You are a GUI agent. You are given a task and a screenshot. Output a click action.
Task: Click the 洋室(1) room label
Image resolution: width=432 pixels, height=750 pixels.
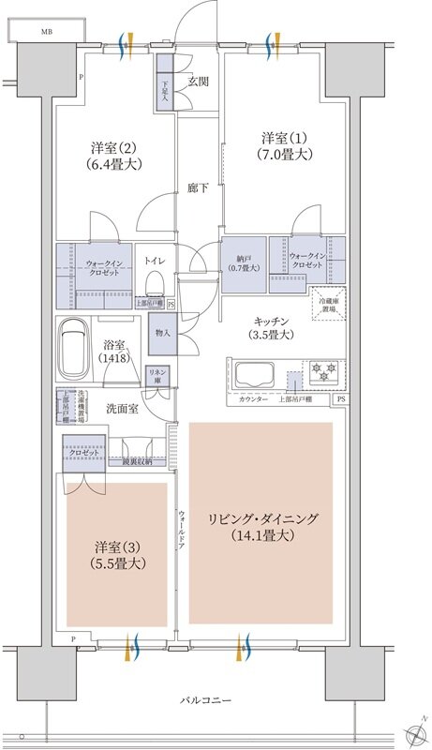286,145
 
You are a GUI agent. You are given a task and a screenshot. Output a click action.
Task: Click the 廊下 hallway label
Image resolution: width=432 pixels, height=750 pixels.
198,187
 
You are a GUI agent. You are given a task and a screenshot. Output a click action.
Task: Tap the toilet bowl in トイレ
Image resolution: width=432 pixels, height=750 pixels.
156,281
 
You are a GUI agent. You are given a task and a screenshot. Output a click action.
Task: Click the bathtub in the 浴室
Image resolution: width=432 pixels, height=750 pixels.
73,352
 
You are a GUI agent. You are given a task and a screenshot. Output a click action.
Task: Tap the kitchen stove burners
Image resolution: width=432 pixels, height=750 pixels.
322,372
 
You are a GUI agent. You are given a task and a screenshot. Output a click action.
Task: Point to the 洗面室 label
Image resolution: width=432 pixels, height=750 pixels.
122,409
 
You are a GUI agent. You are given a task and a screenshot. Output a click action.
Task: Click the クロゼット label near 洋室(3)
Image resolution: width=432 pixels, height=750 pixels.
83,451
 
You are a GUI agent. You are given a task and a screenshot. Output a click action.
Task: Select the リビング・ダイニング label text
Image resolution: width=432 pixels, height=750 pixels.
263,519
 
